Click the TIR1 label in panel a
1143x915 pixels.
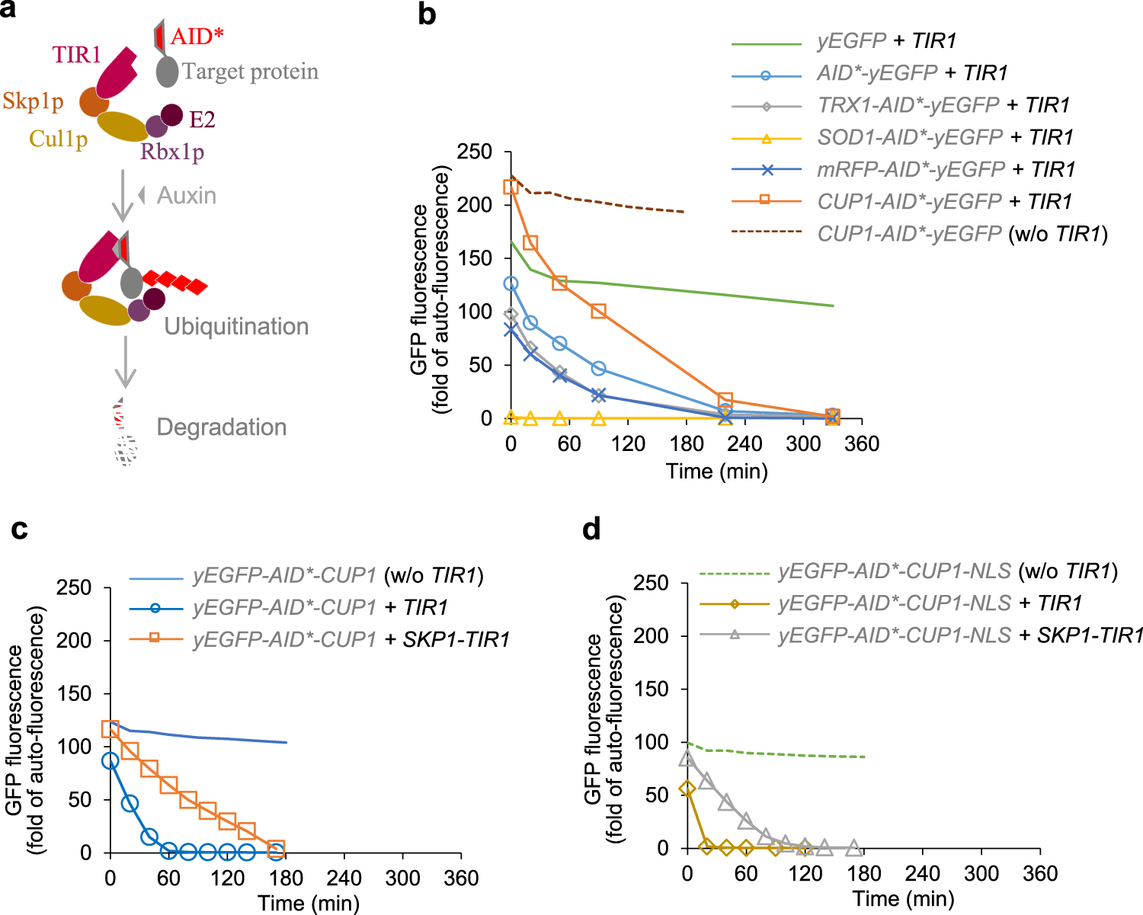(76, 55)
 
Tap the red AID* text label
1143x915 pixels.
(197, 36)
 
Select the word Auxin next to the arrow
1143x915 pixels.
(187, 196)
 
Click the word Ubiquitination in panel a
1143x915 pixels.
(236, 327)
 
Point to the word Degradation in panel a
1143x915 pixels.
(221, 427)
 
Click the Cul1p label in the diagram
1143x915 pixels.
(58, 139)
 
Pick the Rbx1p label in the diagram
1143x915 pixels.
(172, 152)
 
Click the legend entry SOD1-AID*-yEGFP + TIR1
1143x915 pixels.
(945, 137)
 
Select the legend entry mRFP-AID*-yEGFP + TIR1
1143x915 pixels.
(946, 169)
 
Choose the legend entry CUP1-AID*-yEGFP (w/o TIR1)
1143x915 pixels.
(962, 233)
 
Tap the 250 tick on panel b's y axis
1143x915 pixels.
(475, 152)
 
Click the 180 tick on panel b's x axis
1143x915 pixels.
(687, 444)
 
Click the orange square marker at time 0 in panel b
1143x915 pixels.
(511, 187)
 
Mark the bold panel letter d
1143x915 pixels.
(591, 528)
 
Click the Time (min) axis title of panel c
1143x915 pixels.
(309, 904)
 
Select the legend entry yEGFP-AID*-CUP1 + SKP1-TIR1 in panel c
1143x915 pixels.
(351, 639)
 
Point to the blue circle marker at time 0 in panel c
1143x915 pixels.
(110, 760)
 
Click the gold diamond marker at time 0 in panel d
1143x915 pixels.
(687, 789)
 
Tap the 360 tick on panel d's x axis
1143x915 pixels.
(1040, 874)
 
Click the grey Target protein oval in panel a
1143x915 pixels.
(167, 72)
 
